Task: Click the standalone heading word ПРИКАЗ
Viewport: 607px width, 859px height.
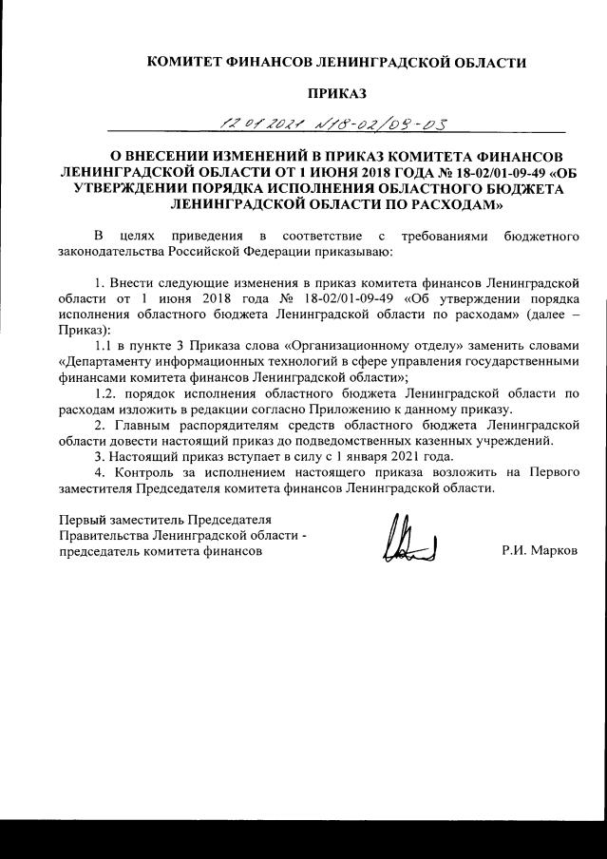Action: pos(332,93)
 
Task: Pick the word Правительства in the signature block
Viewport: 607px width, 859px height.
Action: pos(100,536)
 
